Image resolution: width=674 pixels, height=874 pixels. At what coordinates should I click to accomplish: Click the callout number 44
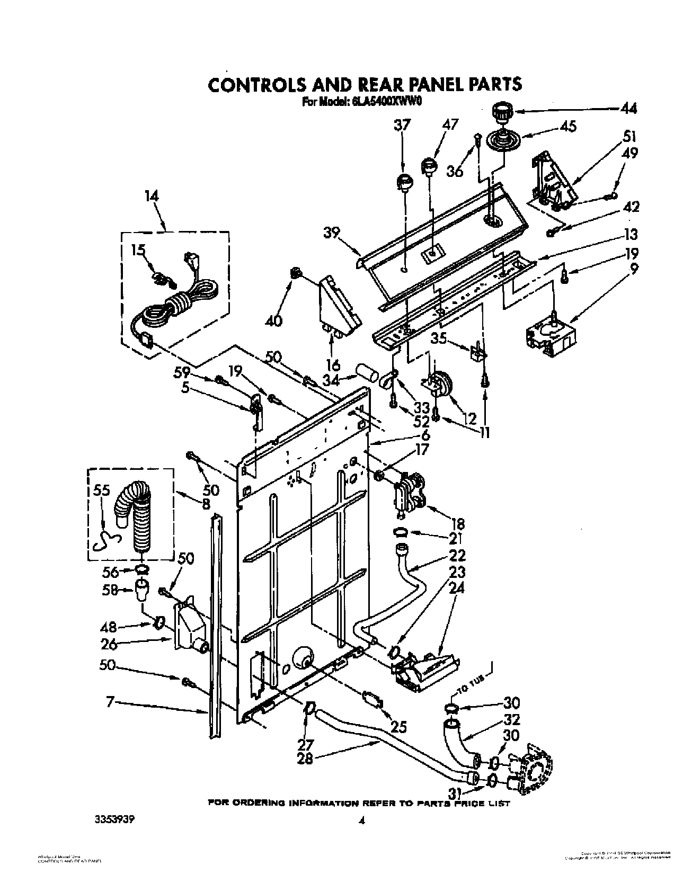(x=628, y=109)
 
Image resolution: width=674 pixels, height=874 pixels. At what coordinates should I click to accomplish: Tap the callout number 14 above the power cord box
(x=152, y=197)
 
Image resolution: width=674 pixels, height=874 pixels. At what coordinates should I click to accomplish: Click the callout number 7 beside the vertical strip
(x=110, y=703)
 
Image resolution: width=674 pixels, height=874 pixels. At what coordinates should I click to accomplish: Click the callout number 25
(x=398, y=726)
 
